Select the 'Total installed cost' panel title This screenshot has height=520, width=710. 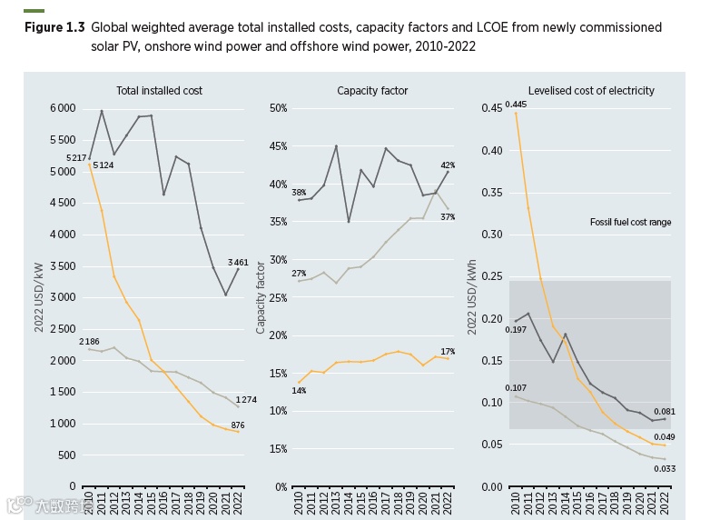tap(159, 91)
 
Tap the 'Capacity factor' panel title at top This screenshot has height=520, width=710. tap(372, 91)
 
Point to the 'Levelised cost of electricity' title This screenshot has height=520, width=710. tap(591, 91)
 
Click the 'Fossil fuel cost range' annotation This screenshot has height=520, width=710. tap(631, 222)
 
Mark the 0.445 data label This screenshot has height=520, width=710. tap(516, 105)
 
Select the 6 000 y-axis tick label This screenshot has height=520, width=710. tap(63, 108)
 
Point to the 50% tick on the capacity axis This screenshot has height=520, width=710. tap(278, 108)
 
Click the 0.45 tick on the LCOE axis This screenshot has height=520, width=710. tap(490, 108)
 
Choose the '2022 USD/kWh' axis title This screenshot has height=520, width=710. tap(472, 297)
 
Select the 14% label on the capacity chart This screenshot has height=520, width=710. tap(299, 391)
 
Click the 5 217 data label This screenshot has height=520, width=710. tap(77, 159)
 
